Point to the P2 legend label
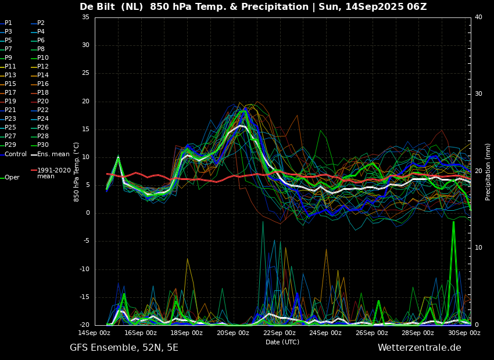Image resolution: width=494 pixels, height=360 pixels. pos(41,23)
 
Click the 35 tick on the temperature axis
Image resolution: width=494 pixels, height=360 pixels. pos(85,17)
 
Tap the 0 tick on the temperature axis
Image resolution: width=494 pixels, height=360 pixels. pos(88,213)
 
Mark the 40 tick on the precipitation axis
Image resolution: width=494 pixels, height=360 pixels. pos(478,17)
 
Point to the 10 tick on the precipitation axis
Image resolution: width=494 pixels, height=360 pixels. pos(478,248)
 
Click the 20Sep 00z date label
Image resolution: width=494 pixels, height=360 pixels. pos(233,333)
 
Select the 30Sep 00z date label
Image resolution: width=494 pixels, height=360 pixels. pos(464,333)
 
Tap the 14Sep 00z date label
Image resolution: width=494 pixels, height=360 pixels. pos(94,333)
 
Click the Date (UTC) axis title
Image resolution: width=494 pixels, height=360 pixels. pos(282,342)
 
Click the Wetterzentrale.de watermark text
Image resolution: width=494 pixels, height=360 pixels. pos(420,348)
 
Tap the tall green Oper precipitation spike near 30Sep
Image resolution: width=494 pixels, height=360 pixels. pos(453,271)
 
